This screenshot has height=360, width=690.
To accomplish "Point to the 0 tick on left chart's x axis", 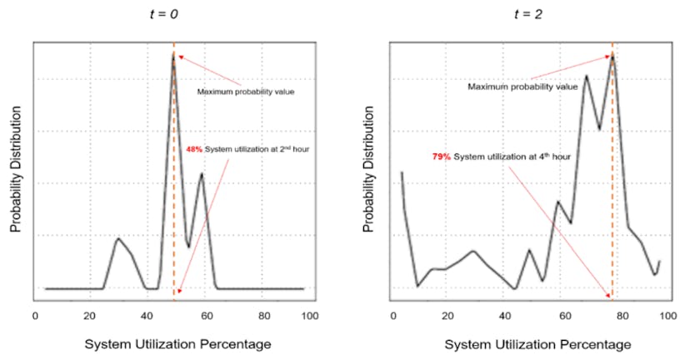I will [35, 316].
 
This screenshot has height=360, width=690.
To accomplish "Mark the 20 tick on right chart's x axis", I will [447, 316].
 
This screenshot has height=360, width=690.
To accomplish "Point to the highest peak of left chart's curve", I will [174, 55].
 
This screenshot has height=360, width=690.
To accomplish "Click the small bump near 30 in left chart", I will [117, 239].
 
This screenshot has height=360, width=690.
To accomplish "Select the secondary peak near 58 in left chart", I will [202, 173].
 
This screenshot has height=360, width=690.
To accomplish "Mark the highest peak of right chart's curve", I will [612, 54].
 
